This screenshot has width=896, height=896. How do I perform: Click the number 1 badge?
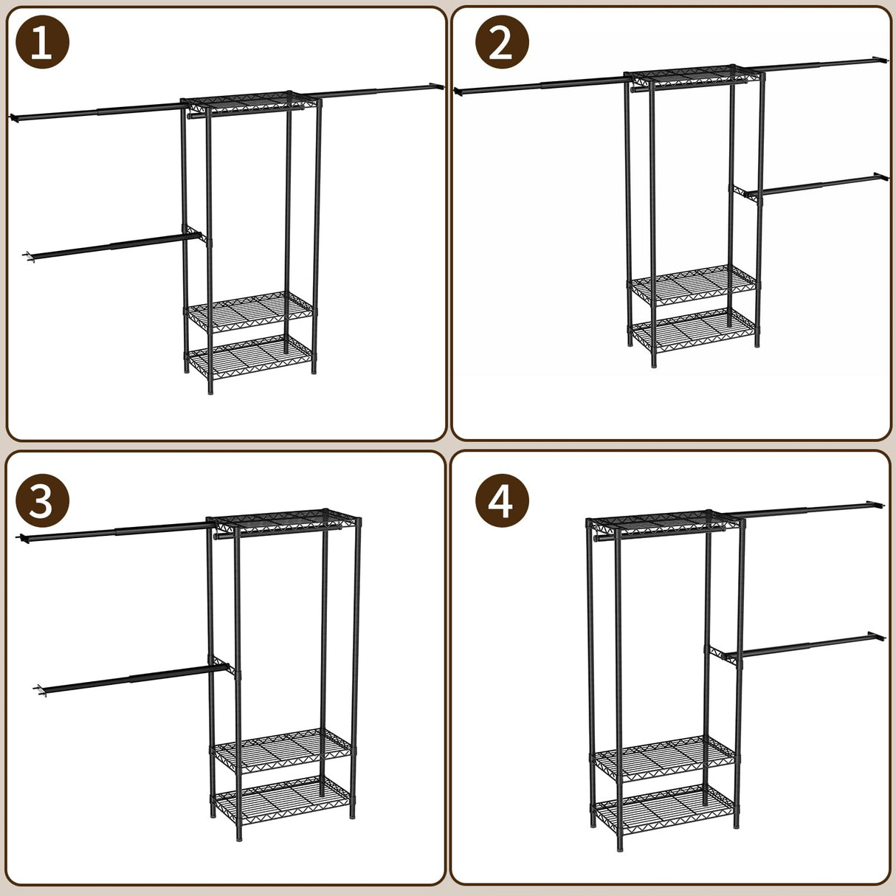point(42,43)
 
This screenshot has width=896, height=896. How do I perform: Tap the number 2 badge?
point(502,43)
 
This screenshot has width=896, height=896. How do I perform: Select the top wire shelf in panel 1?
point(251,103)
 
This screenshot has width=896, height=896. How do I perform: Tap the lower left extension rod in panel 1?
point(111,247)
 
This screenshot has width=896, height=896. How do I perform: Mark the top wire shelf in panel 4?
point(664,522)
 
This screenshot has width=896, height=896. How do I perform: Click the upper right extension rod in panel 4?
point(804,509)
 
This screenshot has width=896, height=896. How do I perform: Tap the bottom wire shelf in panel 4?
point(664,806)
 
